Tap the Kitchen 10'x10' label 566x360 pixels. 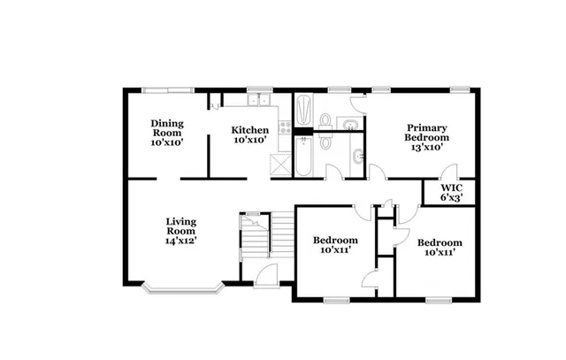250,134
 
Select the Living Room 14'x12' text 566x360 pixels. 180,230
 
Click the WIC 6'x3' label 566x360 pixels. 452,193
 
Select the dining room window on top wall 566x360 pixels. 169,89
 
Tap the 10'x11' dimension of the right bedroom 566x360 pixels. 440,253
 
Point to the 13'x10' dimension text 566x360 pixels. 426,148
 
